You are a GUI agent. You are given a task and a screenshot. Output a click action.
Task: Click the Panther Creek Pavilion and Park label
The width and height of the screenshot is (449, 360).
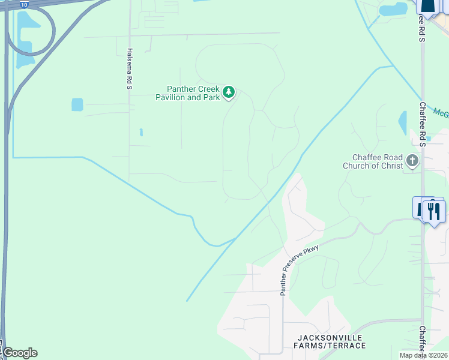[187, 93]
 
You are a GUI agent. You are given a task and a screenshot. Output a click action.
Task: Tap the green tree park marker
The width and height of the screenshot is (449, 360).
[228, 92]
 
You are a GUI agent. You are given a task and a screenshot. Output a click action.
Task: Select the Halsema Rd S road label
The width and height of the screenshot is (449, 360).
[129, 69]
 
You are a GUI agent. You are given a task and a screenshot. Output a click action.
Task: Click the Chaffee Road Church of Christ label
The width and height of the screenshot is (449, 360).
[372, 161]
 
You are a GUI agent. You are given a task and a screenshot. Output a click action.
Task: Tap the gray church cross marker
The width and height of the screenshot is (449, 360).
[412, 161]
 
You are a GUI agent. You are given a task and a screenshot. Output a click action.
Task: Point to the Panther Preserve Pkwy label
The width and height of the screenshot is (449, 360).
[299, 270]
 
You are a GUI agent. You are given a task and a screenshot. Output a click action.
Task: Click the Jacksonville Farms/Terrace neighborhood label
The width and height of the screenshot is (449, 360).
[330, 341]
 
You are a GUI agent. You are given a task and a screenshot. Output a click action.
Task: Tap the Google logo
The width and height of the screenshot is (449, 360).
[19, 353]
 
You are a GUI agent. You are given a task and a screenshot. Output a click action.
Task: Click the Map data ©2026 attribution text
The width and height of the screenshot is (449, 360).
[423, 355]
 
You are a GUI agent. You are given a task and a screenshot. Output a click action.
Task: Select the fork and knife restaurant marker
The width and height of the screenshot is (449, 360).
[433, 211]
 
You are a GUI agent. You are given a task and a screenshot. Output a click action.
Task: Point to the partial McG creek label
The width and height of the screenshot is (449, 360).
[441, 112]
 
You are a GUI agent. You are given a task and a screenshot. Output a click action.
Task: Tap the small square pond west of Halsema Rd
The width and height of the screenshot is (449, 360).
[77, 104]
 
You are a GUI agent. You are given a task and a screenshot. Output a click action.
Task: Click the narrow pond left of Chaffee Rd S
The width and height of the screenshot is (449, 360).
[402, 123]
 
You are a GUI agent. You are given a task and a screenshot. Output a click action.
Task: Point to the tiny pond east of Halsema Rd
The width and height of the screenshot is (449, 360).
[141, 132]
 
